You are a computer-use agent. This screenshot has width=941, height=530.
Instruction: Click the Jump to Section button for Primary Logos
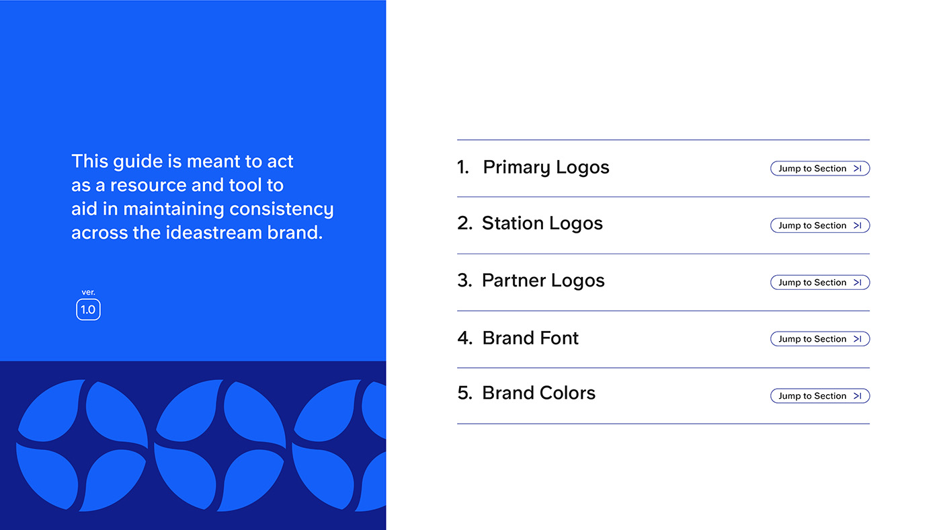(819, 169)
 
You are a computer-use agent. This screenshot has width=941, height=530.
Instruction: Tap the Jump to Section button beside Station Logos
(819, 225)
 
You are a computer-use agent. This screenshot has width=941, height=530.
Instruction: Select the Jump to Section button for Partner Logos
(819, 282)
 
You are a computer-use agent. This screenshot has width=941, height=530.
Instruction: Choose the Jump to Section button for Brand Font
(819, 339)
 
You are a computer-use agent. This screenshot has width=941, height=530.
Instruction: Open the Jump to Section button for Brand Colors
(819, 395)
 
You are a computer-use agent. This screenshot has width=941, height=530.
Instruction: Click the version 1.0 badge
(88, 310)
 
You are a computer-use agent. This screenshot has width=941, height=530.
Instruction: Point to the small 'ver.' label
(88, 292)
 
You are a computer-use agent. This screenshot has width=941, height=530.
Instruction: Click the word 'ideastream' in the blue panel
(214, 233)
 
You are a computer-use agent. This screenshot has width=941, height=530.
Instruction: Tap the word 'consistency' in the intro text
(282, 209)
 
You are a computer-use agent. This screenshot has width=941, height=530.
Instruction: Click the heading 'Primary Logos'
(546, 167)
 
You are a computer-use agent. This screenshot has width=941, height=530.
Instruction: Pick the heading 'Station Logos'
(542, 223)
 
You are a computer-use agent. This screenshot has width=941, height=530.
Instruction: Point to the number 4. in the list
(464, 338)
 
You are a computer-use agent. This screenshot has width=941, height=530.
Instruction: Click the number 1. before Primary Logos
(462, 167)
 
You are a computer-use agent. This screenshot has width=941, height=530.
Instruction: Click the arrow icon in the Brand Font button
(858, 339)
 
